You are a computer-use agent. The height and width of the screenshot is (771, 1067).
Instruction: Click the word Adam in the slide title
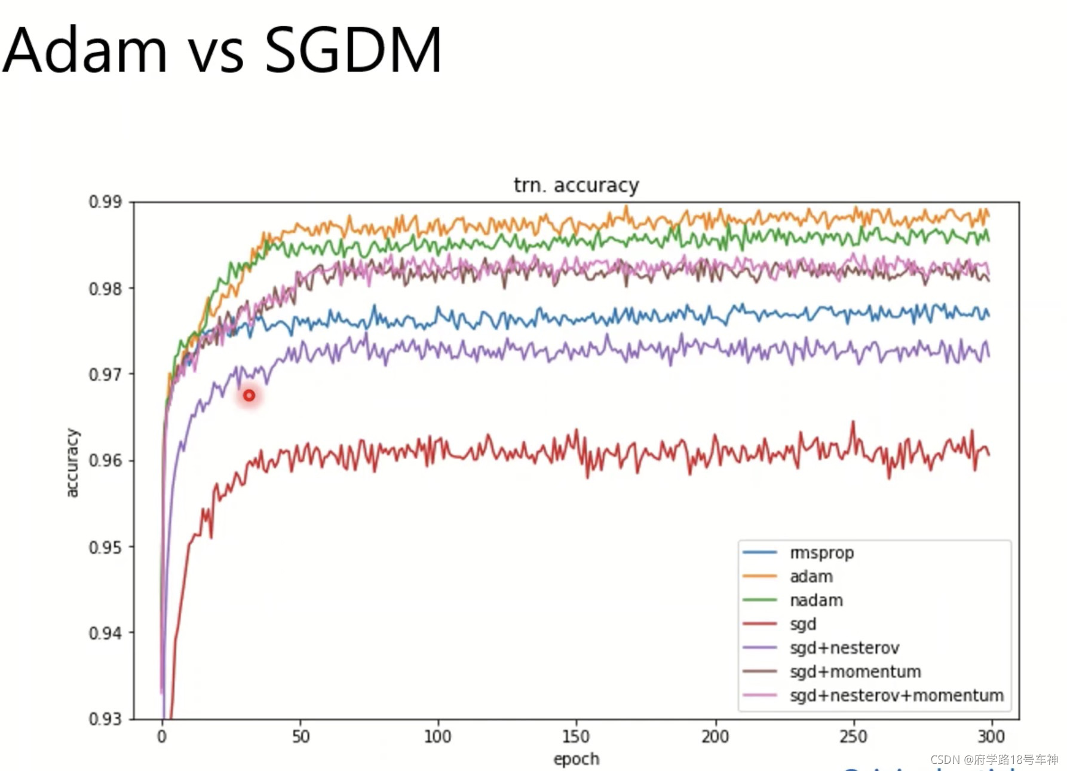point(84,50)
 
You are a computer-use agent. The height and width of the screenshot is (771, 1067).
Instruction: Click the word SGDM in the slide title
point(352,50)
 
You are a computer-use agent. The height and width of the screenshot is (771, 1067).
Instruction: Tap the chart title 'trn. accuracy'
point(576,185)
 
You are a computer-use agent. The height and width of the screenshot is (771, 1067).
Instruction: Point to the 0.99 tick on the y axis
point(105,202)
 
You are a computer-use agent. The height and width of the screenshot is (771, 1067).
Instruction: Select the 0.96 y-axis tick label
point(105,461)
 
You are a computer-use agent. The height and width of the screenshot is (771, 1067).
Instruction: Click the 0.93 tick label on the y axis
point(105,718)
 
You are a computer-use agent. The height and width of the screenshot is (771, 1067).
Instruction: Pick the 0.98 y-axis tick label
point(105,289)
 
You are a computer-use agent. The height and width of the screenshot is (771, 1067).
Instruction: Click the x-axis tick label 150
point(575,736)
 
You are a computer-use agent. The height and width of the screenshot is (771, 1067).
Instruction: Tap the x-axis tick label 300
point(991,736)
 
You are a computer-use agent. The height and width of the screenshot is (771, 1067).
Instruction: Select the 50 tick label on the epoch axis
point(301,736)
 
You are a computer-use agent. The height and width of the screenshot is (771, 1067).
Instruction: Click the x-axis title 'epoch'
point(576,759)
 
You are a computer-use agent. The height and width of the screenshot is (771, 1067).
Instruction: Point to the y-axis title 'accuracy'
point(72,463)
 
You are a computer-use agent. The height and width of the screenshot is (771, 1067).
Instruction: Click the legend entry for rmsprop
point(821,553)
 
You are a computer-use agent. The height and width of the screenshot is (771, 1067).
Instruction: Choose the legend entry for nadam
point(816,600)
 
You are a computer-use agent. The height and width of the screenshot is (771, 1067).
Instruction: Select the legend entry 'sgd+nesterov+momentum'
point(896,696)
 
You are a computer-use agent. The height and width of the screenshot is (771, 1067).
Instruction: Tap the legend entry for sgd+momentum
point(855,672)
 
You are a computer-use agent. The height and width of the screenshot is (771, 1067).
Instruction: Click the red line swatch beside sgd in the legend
point(759,624)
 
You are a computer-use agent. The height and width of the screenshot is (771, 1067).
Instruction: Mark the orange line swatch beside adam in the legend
point(759,576)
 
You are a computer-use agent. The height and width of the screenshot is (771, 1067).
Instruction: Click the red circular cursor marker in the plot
point(249,396)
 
